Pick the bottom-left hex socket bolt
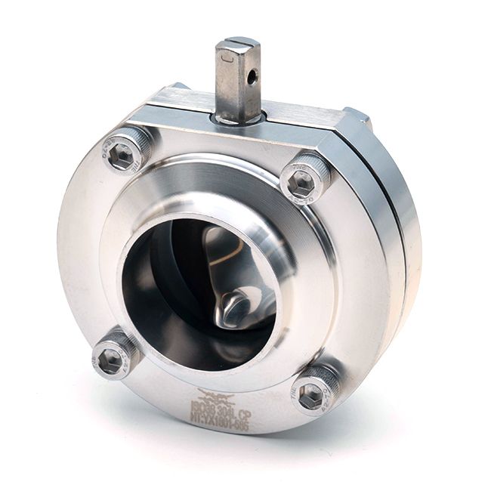114,355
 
